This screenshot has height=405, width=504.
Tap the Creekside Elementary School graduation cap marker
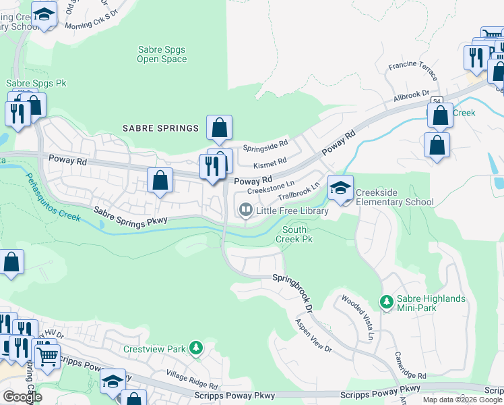pyautogui.click(x=340, y=187)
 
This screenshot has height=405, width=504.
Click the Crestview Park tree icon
pyautogui.click(x=195, y=349)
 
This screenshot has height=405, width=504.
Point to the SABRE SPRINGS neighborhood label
pyautogui.click(x=160, y=128)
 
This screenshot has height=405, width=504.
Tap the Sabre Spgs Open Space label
pyautogui.click(x=162, y=55)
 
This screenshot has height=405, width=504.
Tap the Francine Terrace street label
pyautogui.click(x=413, y=67)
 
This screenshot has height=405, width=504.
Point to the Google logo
pyautogui.click(x=22, y=396)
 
